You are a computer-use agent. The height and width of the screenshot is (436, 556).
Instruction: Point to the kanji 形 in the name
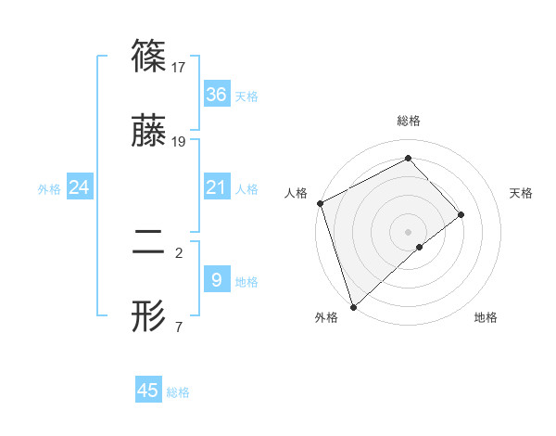coord(149,317)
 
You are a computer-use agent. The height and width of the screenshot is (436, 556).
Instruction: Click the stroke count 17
coord(180,67)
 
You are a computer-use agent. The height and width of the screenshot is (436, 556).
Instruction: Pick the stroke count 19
coord(180,141)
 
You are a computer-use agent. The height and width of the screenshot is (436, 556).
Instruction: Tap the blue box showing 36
coord(216,94)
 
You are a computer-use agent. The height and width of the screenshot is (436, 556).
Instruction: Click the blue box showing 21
coord(216,188)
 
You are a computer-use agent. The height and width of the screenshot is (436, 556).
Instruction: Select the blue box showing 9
coord(216,278)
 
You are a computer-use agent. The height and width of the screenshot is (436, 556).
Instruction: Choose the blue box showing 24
coord(79,188)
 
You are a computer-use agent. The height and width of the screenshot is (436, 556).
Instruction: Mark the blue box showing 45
coord(148,391)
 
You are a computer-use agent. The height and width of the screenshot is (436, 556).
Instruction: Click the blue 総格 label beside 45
coord(178,392)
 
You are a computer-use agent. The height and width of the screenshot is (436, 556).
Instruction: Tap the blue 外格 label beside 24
coord(49,189)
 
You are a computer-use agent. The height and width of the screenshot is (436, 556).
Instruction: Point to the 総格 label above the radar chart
coord(409,121)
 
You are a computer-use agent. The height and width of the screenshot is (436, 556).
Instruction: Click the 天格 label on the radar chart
coord(522,193)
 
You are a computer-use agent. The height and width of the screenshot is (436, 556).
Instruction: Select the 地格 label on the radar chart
coord(486,317)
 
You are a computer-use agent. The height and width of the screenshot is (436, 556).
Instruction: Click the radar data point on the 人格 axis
coord(320,203)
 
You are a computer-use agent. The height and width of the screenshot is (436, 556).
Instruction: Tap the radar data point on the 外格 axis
coord(352,306)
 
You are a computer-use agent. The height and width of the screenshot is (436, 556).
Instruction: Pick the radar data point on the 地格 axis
coord(420,247)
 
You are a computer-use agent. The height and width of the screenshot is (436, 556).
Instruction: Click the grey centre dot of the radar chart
coord(409,231)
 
